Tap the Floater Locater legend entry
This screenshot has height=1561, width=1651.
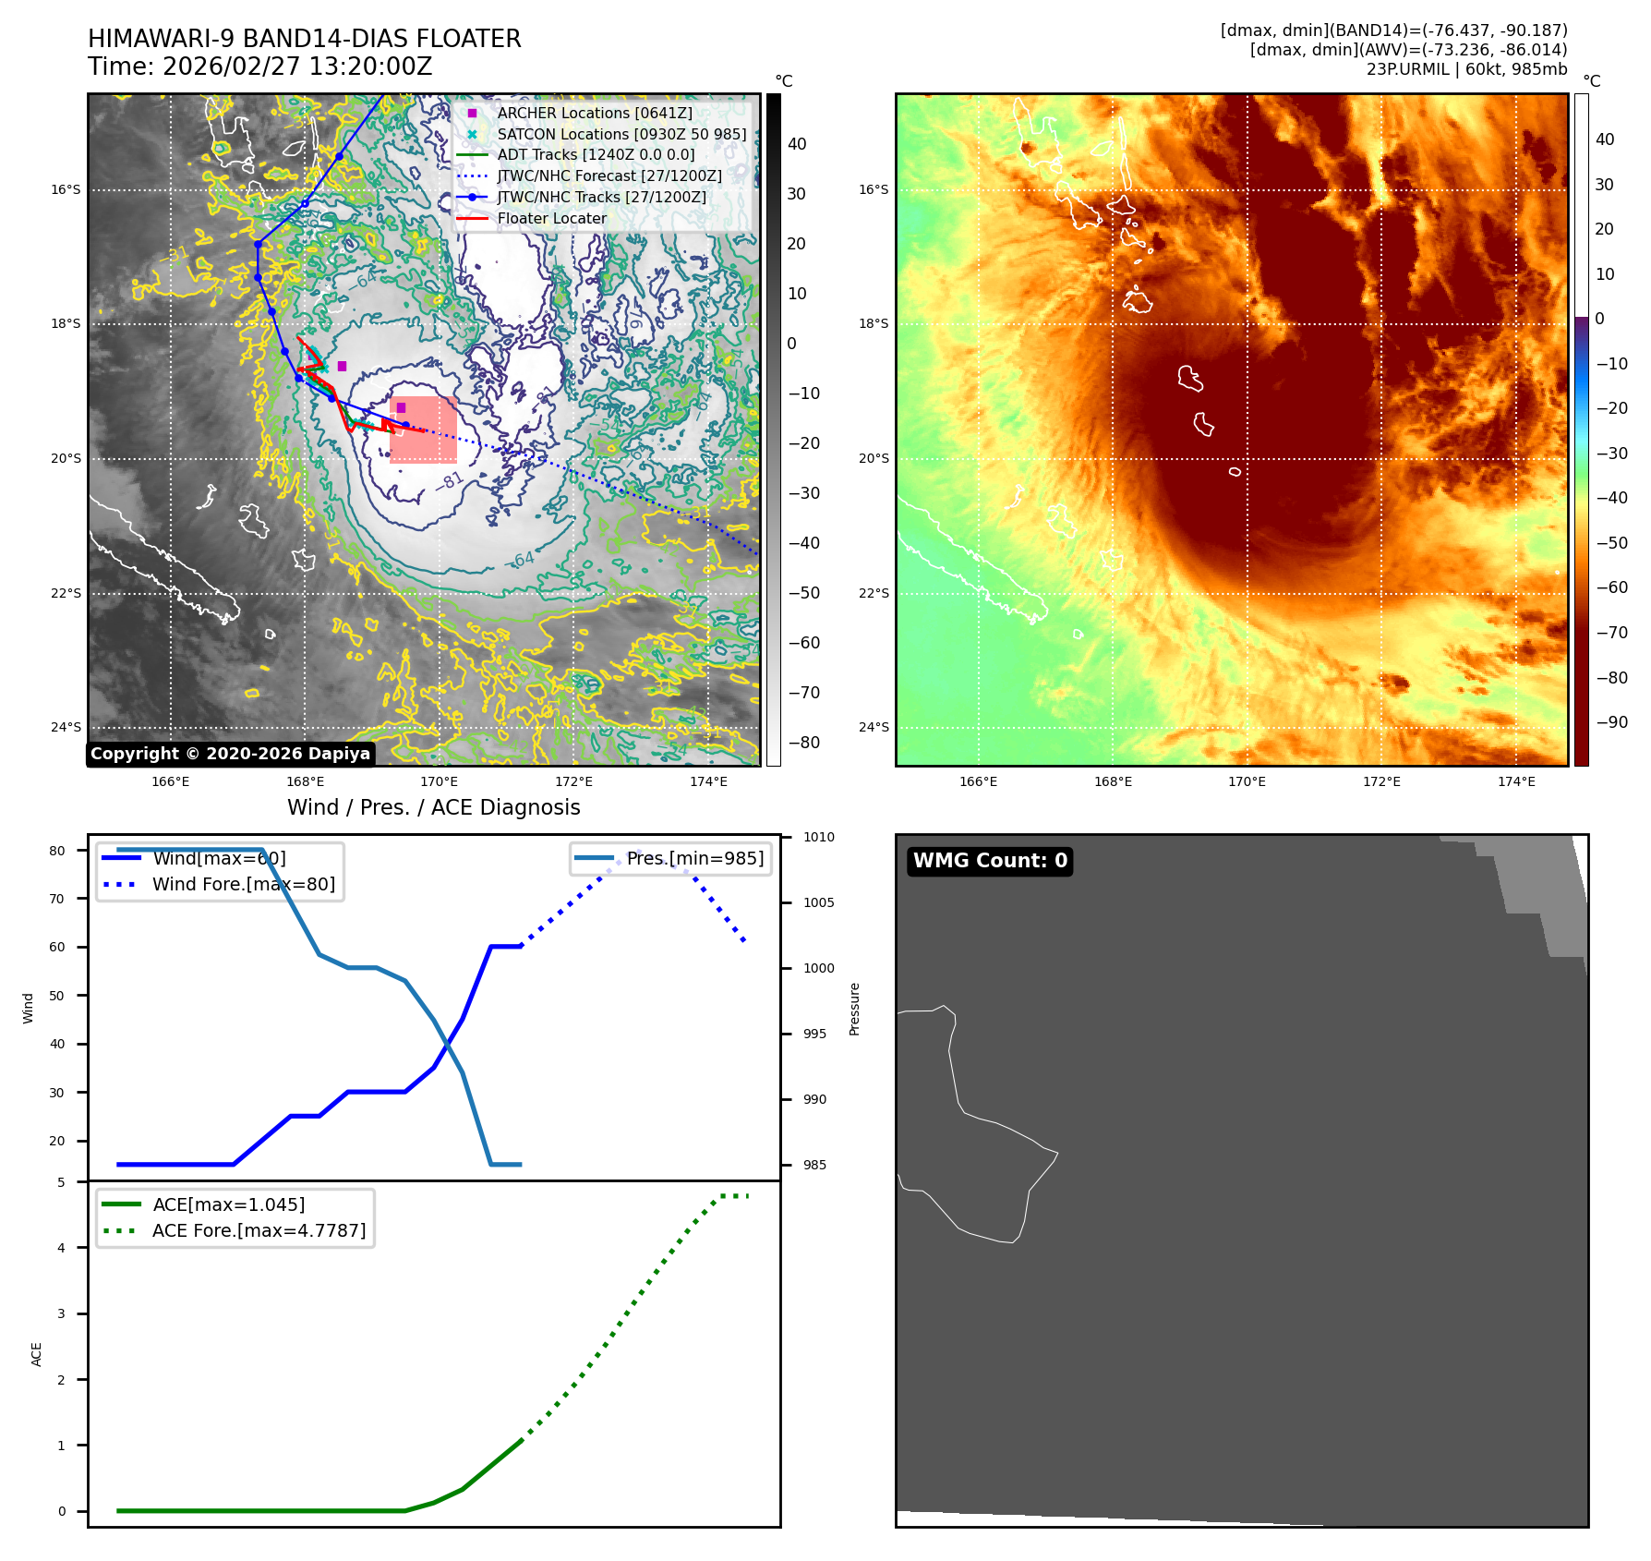click(x=551, y=219)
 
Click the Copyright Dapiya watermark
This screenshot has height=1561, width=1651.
click(x=231, y=754)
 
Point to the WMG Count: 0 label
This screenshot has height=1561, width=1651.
click(x=990, y=861)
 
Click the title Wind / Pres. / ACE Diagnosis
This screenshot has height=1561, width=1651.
click(x=434, y=807)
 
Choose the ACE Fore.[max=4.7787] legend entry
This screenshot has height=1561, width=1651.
click(x=259, y=1230)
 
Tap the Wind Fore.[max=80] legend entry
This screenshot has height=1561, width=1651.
click(x=243, y=884)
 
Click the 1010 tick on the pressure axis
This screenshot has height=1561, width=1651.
click(x=818, y=838)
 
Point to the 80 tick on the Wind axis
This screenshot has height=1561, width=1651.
click(x=57, y=851)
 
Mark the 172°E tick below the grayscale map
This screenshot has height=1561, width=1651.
click(x=573, y=781)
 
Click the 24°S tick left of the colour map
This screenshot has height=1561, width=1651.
click(x=874, y=727)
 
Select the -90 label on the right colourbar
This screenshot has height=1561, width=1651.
click(x=1611, y=722)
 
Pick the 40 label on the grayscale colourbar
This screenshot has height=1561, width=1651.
click(x=796, y=144)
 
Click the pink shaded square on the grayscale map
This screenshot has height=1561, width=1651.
click(x=424, y=430)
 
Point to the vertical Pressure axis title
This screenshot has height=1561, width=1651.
click(x=854, y=1009)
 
